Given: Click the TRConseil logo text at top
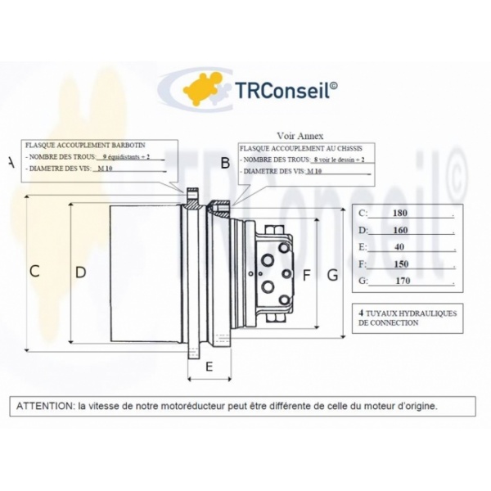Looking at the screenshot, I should [x=283, y=89].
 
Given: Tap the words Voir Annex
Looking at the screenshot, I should [x=301, y=136].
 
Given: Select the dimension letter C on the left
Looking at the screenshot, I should [x=34, y=272].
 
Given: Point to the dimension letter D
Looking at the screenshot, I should [x=80, y=272].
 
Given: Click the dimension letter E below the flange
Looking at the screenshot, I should [x=209, y=367].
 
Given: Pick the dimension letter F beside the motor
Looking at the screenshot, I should [x=306, y=276].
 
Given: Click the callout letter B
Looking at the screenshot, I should [x=225, y=163].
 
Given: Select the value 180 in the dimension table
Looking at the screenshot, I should [x=400, y=214].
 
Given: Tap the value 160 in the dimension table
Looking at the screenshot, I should [x=400, y=230].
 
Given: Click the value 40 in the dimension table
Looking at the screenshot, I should [x=399, y=246].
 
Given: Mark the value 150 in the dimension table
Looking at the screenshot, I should [x=400, y=264].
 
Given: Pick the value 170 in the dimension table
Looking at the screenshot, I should [x=402, y=281].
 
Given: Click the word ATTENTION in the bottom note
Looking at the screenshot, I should [x=43, y=405].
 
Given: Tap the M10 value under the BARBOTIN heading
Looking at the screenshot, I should [x=105, y=168].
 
